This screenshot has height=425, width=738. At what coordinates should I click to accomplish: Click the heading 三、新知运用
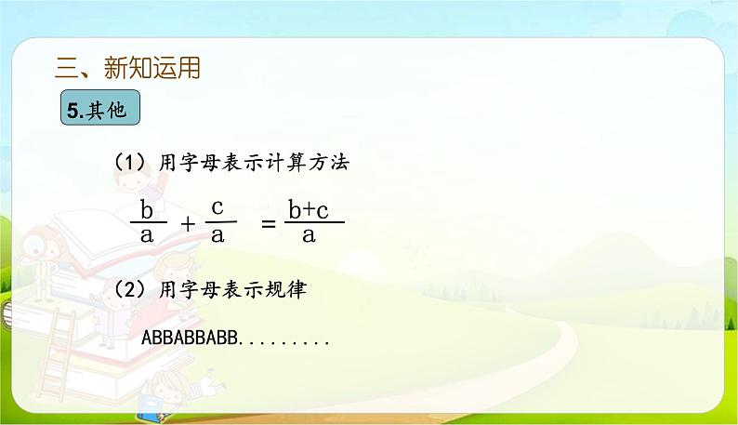pyautogui.click(x=128, y=68)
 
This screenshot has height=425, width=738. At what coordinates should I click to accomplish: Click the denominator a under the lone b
pyautogui.click(x=146, y=235)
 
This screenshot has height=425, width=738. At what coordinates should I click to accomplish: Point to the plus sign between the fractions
pyautogui.click(x=187, y=223)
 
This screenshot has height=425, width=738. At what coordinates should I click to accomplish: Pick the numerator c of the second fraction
pyautogui.click(x=217, y=206)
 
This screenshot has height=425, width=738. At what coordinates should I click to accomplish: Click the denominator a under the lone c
pyautogui.click(x=217, y=234)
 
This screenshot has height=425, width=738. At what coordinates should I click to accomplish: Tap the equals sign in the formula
pyautogui.click(x=269, y=223)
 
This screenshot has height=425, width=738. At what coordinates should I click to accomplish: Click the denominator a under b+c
pyautogui.click(x=309, y=235)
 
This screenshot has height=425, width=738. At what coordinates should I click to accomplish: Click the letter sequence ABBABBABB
pyautogui.click(x=190, y=339)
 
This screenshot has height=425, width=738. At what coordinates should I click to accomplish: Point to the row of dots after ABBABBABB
pyautogui.click(x=285, y=341)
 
